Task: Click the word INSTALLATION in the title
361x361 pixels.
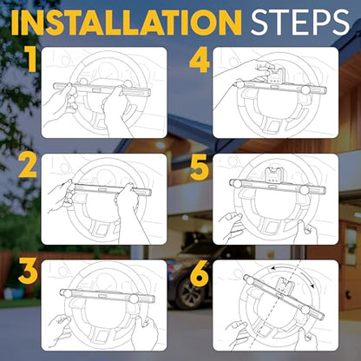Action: click(x=126, y=23)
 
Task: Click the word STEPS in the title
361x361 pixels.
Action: click(x=300, y=23)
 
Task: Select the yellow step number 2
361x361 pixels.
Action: click(x=28, y=166)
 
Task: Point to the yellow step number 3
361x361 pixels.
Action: click(x=28, y=272)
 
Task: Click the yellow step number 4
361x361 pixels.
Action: click(x=200, y=62)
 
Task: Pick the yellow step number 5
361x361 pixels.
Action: click(x=200, y=167)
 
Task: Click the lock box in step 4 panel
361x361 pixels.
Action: click(x=273, y=76)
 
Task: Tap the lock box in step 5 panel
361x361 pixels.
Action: click(x=273, y=175)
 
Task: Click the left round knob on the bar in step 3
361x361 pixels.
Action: click(x=68, y=293)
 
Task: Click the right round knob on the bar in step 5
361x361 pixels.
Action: click(x=304, y=190)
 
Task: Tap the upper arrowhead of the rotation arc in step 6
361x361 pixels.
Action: click(x=272, y=269)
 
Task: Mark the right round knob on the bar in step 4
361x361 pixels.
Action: click(x=305, y=90)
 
